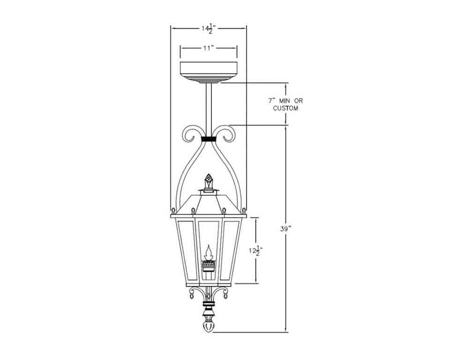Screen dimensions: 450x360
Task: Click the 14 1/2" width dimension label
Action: click(x=209, y=29)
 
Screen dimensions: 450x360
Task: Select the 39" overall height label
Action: click(x=285, y=229)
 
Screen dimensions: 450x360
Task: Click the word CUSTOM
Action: click(x=285, y=108)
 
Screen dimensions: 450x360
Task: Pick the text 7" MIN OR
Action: click(x=285, y=101)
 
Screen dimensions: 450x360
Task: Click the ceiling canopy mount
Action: click(x=209, y=72)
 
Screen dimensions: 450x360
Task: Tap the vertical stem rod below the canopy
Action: click(x=209, y=109)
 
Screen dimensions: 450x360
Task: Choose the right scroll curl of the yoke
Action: click(x=227, y=134)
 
